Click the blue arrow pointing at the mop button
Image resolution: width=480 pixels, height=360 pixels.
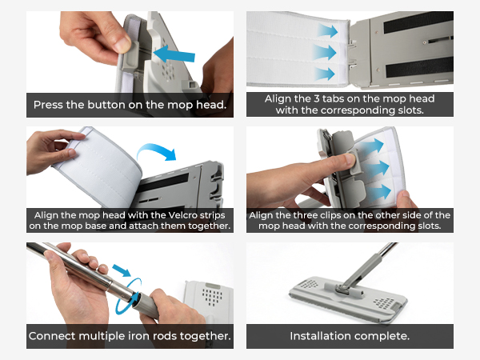(x=174, y=54)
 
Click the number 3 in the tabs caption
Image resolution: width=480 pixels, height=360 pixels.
(x=317, y=98)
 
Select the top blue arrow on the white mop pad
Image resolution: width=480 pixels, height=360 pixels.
(x=327, y=31)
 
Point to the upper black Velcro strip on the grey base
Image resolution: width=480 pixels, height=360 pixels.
(x=418, y=22)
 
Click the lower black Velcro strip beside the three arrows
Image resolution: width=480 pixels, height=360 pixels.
(x=419, y=67)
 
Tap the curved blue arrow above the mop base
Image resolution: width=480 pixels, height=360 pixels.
(x=157, y=152)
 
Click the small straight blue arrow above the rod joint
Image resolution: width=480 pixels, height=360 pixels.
(x=122, y=270)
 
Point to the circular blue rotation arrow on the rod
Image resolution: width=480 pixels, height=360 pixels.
(x=129, y=296)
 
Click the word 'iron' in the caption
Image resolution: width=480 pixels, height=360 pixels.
(x=138, y=336)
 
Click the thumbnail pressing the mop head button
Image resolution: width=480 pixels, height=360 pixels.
(x=122, y=46)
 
